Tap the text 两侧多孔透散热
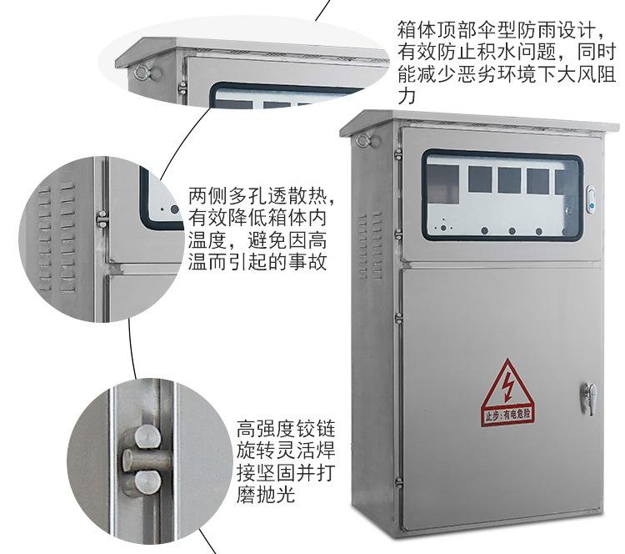[x=261, y=198]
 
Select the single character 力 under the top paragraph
[x=407, y=97]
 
